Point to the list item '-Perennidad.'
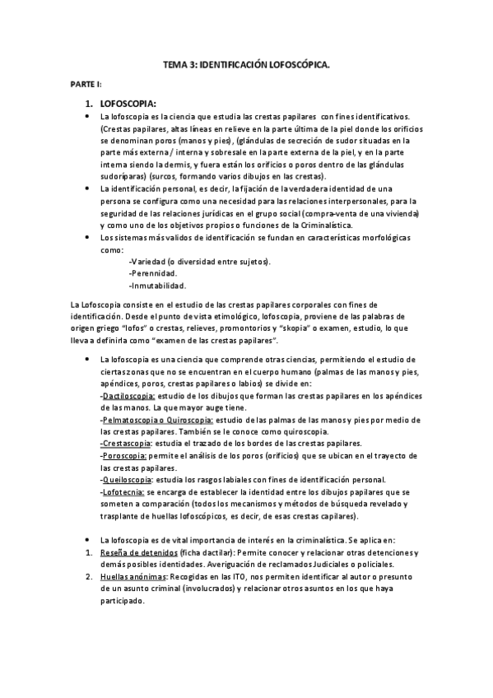point(153,273)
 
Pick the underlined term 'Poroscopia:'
point(124,455)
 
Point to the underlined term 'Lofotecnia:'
point(123,491)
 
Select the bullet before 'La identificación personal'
point(88,188)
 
